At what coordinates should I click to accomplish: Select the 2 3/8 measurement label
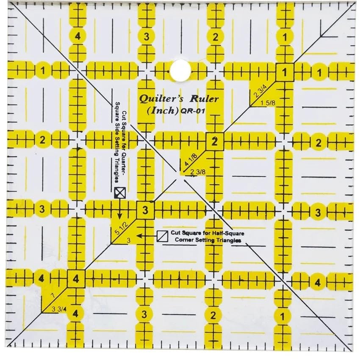198,172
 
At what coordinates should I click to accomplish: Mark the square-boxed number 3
145,210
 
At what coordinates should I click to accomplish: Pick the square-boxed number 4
76,279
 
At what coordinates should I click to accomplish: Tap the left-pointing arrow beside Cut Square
140,235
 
